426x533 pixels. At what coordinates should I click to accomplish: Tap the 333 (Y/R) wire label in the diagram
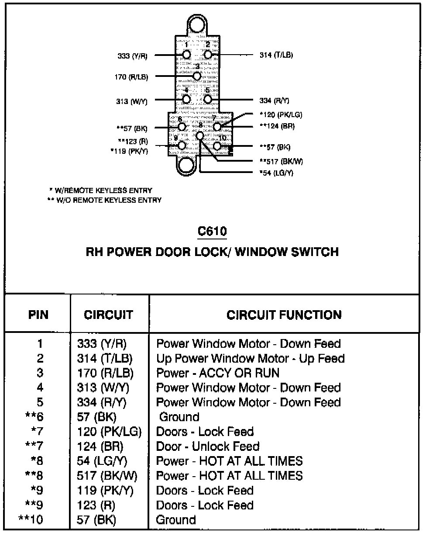point(132,56)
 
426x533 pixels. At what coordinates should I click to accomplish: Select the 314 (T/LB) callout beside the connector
point(276,55)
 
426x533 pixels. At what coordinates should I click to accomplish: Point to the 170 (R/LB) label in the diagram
point(131,77)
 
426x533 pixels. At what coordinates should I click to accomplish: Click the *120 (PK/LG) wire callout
point(281,115)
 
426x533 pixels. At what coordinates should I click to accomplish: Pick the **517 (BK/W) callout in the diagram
point(281,161)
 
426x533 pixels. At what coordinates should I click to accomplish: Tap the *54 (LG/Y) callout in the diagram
point(276,173)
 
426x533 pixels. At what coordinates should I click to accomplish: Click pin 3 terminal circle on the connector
point(197,76)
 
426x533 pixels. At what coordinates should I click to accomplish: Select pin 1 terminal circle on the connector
point(186,55)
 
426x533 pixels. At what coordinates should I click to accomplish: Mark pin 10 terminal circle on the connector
point(217,145)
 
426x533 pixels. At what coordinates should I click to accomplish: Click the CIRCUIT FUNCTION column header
point(284,315)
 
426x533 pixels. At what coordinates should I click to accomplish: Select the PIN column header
point(38,315)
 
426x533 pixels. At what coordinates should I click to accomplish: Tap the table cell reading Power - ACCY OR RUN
point(218,373)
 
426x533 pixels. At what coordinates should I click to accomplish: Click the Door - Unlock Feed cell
point(208,446)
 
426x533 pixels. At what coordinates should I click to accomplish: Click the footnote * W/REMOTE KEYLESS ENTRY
point(101,190)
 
